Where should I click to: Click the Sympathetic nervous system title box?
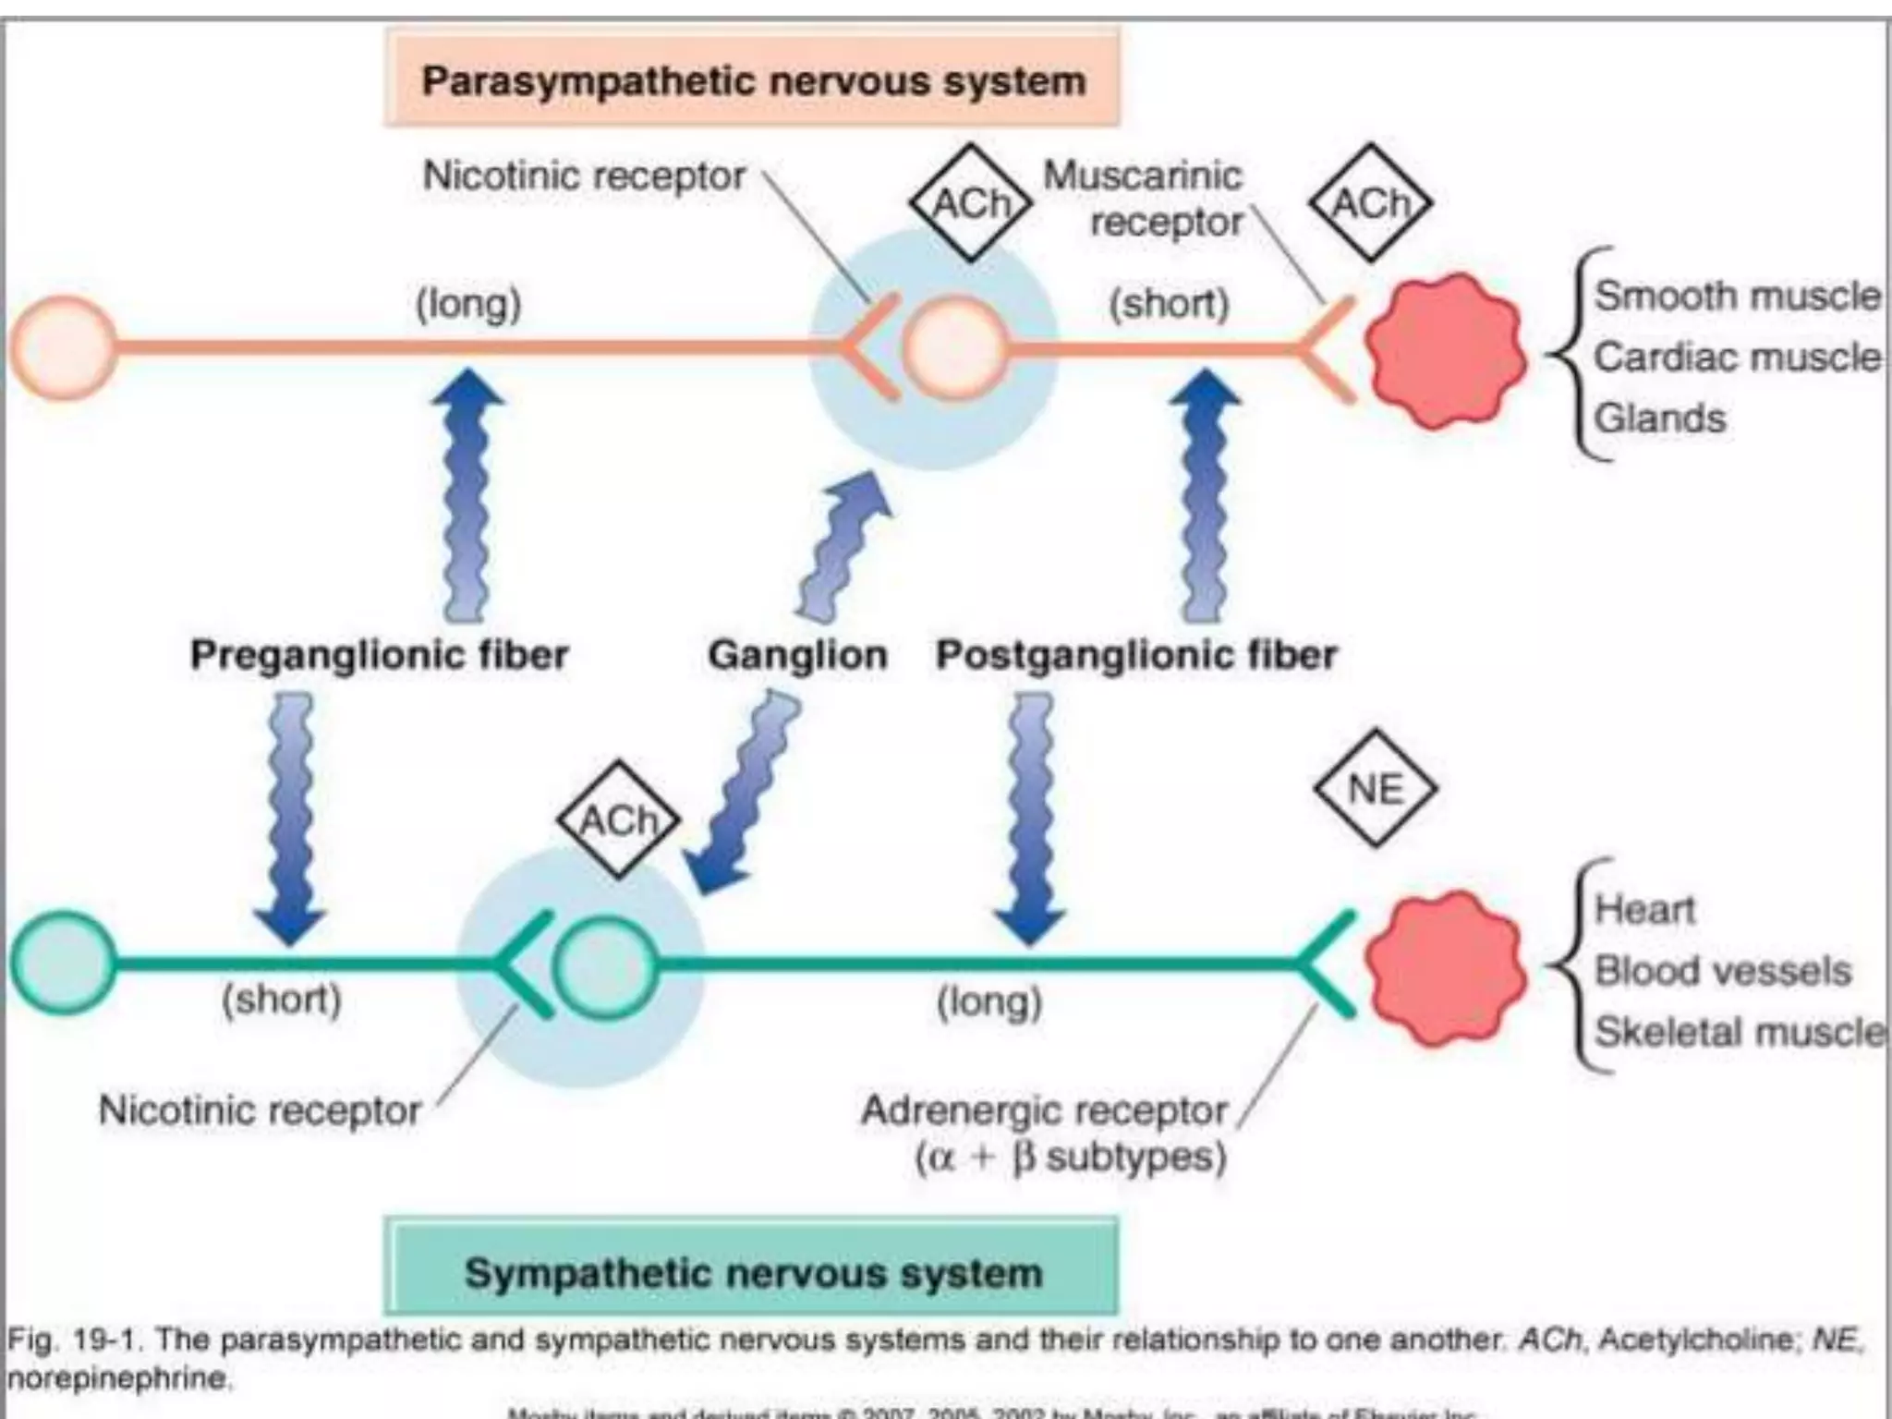(x=752, y=1271)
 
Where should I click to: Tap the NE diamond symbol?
(x=1375, y=789)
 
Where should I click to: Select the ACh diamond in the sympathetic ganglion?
(x=618, y=819)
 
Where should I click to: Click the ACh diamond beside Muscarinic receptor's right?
(x=1370, y=202)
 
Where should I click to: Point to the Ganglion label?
(x=797, y=655)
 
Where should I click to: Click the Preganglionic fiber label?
(x=379, y=655)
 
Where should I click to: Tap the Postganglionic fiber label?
(x=1136, y=655)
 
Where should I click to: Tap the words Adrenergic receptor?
(x=1044, y=1110)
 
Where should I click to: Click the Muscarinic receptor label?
(x=1144, y=199)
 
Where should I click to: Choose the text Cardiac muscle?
(x=1737, y=357)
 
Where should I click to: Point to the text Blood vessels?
(x=1723, y=970)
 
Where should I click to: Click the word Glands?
(x=1660, y=418)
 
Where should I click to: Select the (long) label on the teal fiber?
(x=989, y=1001)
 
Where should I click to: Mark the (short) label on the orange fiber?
(x=1169, y=303)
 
